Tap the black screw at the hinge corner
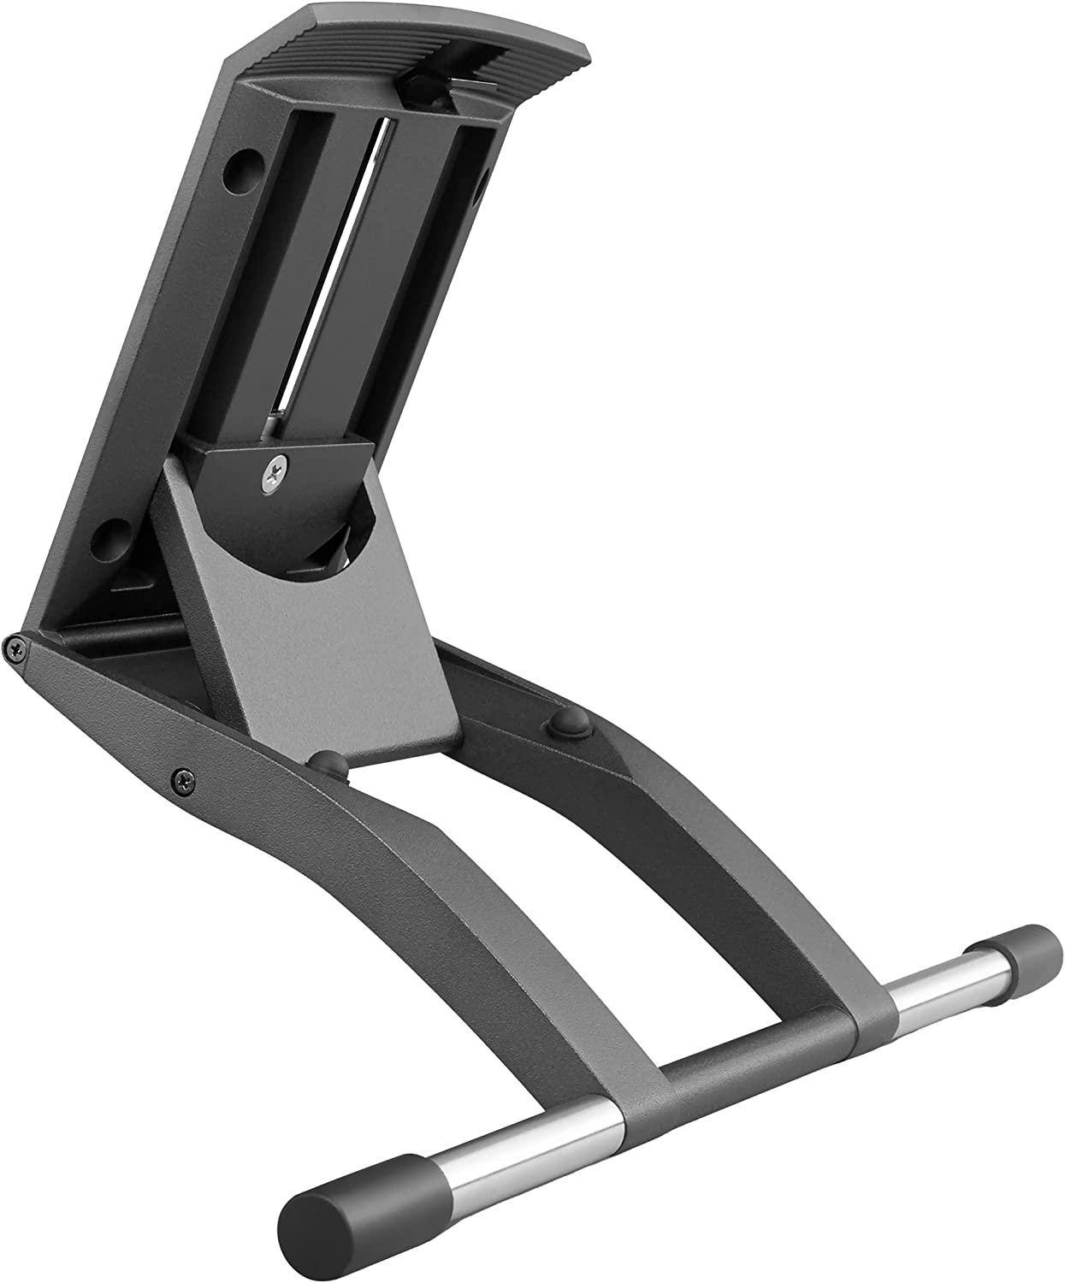15,648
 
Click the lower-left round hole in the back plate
109,537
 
